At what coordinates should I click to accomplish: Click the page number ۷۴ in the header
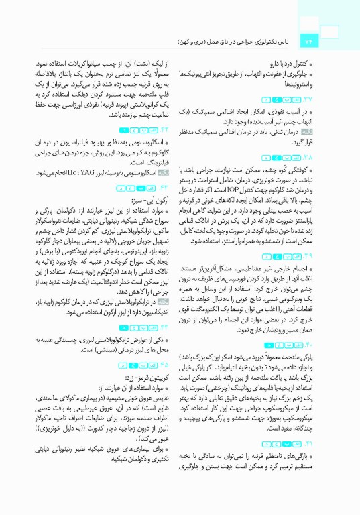click(311, 43)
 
